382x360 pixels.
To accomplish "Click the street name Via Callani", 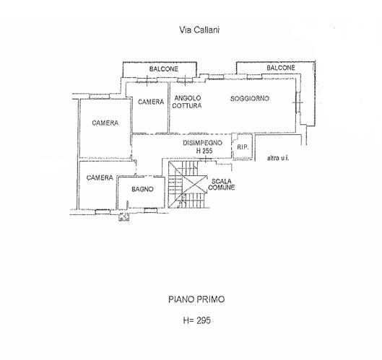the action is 199,30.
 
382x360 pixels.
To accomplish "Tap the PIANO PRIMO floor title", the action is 196,299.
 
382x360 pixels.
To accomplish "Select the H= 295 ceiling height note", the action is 197,320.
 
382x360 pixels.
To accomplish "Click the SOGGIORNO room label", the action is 250,98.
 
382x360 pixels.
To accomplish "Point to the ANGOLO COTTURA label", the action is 187,102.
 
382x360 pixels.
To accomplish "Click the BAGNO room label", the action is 142,189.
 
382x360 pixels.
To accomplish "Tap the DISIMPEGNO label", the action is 202,143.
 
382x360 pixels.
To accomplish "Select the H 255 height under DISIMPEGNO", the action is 204,151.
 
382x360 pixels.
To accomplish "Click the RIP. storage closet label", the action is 243,147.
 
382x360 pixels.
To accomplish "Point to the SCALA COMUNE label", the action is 222,184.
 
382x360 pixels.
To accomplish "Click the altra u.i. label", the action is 278,158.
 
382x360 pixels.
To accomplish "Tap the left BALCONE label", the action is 164,69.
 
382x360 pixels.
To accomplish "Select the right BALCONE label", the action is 281,68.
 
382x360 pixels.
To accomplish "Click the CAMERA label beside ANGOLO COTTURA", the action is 151,102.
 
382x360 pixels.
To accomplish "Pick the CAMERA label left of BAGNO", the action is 100,177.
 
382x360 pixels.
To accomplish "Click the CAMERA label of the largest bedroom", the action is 105,123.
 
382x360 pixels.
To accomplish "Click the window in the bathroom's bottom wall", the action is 150,210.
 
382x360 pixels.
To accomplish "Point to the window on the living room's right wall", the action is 298,102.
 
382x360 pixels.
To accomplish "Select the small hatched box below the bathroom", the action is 123,216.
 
